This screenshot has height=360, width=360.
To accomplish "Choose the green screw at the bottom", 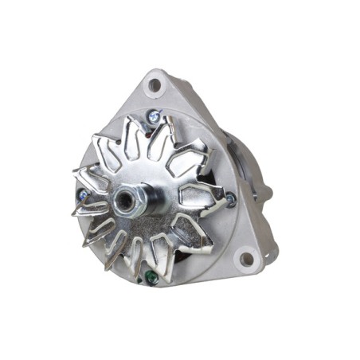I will point(150,278).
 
